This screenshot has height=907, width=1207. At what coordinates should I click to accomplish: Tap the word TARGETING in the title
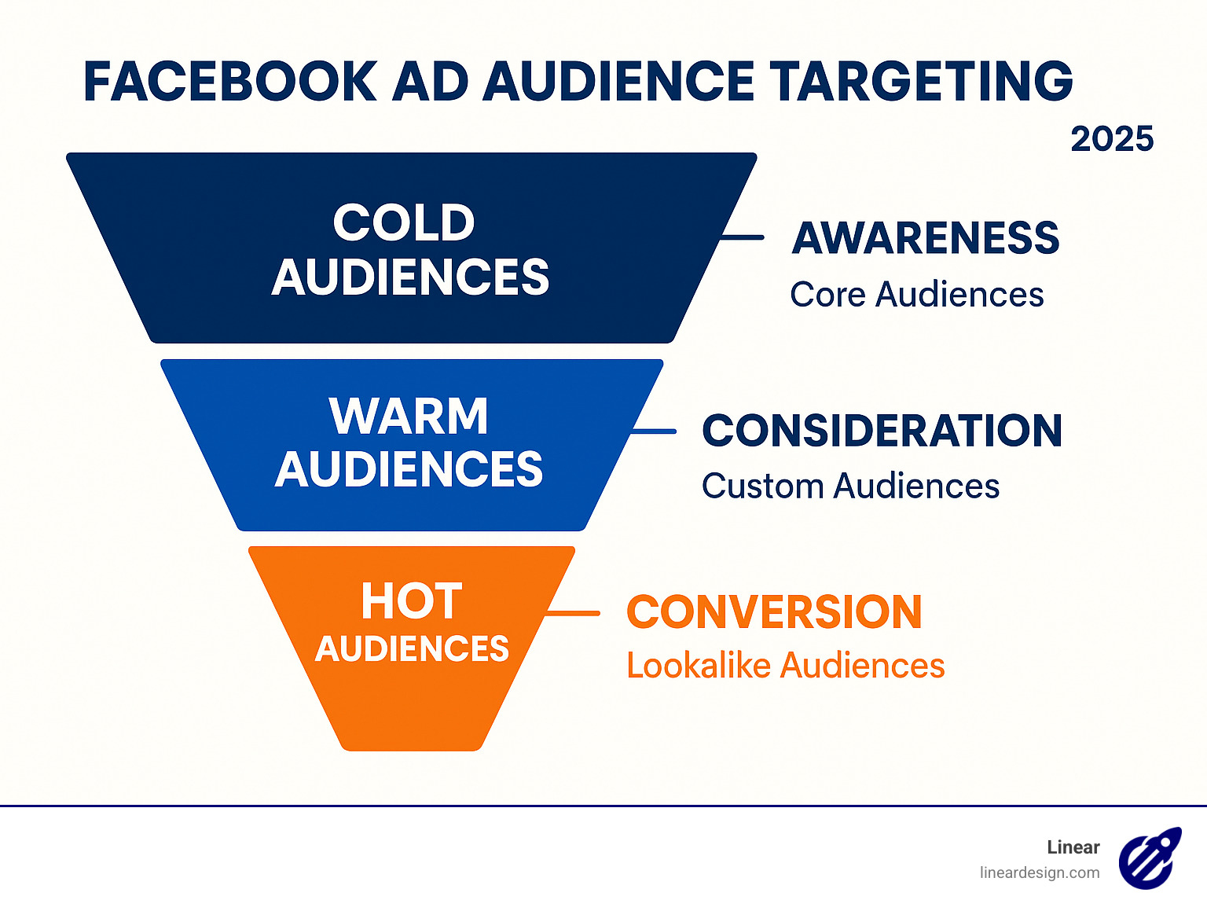click(920, 82)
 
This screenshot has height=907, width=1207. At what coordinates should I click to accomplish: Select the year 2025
click(1111, 140)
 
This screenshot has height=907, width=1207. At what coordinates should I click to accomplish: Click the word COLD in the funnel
click(404, 222)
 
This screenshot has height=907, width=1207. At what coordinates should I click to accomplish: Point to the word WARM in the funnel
click(409, 416)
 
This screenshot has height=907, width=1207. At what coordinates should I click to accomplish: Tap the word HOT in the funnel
click(411, 601)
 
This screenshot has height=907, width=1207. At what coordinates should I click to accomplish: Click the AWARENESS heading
click(926, 238)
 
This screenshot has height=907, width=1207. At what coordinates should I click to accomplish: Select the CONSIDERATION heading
click(882, 431)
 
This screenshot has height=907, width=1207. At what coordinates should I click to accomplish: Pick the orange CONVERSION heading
click(774, 612)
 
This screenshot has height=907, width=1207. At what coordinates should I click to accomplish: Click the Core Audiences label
click(916, 295)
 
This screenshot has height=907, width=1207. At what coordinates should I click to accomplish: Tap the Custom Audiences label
click(850, 487)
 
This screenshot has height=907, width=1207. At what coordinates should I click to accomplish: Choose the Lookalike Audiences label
click(785, 666)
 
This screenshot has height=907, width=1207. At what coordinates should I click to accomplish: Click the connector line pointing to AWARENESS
click(742, 237)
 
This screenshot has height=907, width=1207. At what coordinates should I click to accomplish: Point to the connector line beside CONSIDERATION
click(654, 431)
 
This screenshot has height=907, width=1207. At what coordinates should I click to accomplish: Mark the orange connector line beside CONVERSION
click(574, 612)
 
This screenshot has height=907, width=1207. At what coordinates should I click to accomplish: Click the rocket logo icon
click(1150, 857)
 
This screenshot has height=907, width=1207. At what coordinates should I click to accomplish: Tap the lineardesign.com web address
click(1039, 872)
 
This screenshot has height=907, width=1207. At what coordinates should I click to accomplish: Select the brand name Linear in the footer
click(1073, 847)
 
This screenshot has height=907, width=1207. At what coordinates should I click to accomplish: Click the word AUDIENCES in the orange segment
click(412, 649)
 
